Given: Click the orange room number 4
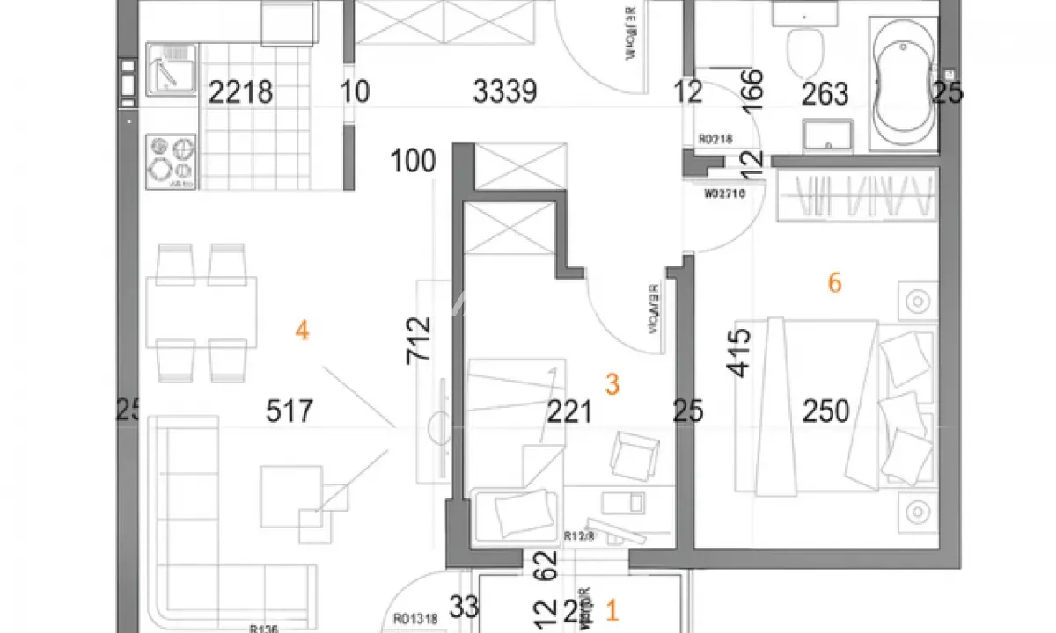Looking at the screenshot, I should [x=302, y=331].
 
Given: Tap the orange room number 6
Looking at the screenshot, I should [x=835, y=283].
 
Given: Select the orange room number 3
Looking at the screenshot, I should [x=613, y=384].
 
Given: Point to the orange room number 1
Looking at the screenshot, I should [x=613, y=609].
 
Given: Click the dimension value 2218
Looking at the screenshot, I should [x=240, y=91].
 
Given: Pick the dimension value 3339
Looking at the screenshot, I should [x=505, y=91].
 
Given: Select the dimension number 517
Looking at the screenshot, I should [x=290, y=411].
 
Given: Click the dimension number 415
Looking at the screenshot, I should [x=739, y=353].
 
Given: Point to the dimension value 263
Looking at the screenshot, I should [x=825, y=92].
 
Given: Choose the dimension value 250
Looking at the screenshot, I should [x=825, y=411].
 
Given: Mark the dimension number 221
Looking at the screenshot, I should [x=569, y=411].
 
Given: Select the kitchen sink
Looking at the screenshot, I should [x=166, y=70].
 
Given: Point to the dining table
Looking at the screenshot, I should [x=202, y=313].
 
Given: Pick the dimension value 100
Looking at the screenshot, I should [x=414, y=162].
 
